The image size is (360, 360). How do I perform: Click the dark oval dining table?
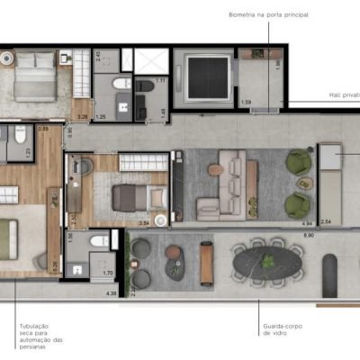pyautogui.click(x=267, y=265)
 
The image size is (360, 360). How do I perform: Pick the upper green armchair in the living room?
pyautogui.click(x=295, y=163)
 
